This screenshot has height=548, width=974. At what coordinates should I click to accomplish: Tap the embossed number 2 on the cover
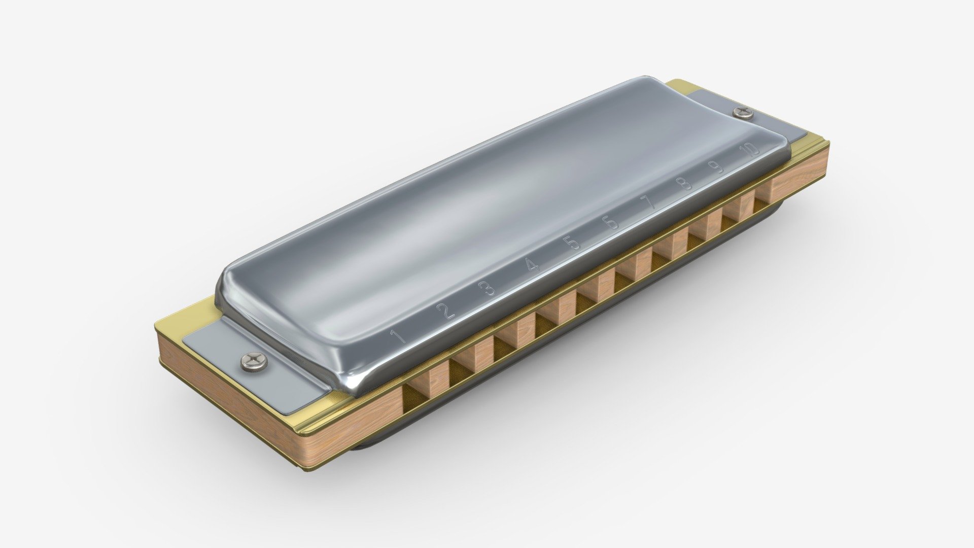tap(447, 311)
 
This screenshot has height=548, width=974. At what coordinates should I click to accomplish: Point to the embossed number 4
tap(532, 265)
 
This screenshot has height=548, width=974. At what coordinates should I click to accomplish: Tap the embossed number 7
tap(649, 202)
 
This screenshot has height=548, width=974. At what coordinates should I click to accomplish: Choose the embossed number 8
tap(684, 183)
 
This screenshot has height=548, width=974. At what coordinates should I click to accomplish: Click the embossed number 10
tap(749, 150)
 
